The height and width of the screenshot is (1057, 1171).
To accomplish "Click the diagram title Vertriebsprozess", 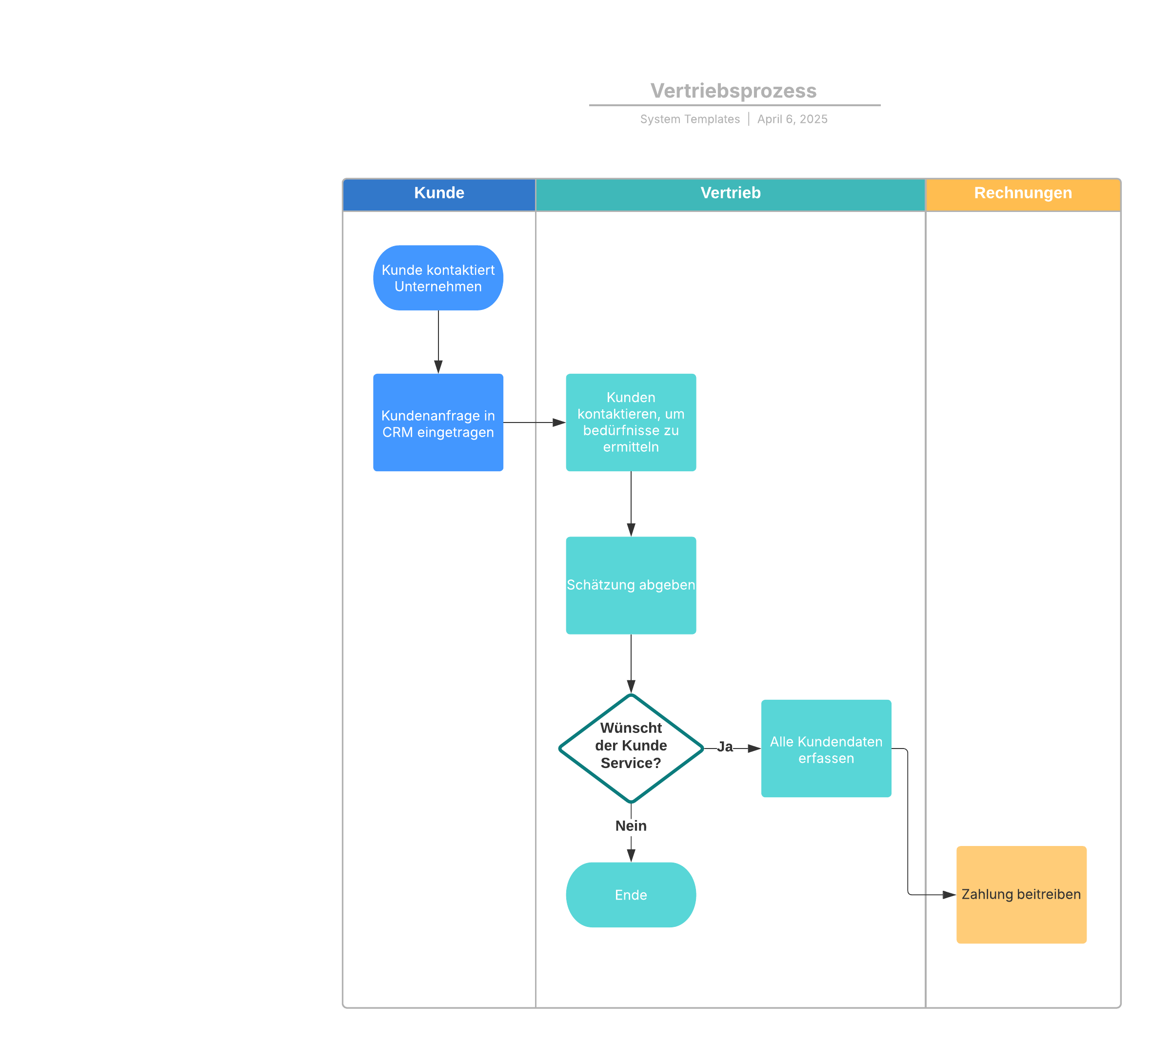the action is pyautogui.click(x=734, y=91).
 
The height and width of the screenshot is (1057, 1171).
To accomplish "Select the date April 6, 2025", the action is pyautogui.click(x=792, y=119).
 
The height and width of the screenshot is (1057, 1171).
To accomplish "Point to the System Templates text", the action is pyautogui.click(x=690, y=119).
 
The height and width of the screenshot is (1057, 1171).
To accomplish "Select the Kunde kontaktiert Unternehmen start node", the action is pyautogui.click(x=438, y=278).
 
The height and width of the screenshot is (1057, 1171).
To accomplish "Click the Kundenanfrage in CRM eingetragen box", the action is pyautogui.click(x=438, y=423).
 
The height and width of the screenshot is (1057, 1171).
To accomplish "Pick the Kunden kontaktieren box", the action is pyautogui.click(x=631, y=423).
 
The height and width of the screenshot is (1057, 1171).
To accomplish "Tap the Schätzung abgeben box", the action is pyautogui.click(x=631, y=585).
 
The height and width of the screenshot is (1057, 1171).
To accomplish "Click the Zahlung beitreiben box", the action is pyautogui.click(x=1021, y=894).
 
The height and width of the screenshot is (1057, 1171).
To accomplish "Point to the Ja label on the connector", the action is pyautogui.click(x=725, y=747).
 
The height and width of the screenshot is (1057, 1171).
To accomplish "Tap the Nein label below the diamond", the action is pyautogui.click(x=631, y=826).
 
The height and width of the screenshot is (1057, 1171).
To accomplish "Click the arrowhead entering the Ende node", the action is pyautogui.click(x=631, y=856).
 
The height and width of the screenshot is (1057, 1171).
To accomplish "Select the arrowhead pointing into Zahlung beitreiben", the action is pyautogui.click(x=950, y=895).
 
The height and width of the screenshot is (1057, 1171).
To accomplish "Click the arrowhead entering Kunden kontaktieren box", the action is pyautogui.click(x=559, y=423).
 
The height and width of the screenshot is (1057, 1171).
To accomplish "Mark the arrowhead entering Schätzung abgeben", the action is pyautogui.click(x=631, y=530).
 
